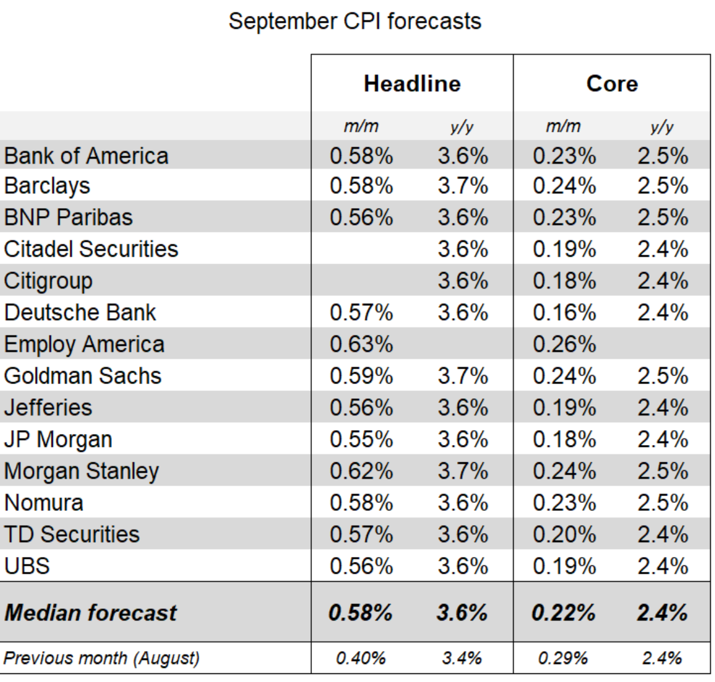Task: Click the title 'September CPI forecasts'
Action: pos(355,22)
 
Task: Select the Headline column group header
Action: pos(412,84)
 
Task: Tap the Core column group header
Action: pos(612,84)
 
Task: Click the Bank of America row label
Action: pos(86,156)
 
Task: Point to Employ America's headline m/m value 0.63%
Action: pos(361,345)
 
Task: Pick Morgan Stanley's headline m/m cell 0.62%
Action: pos(361,471)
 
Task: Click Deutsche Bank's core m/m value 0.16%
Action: pos(564,313)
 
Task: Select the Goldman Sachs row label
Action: pos(82,376)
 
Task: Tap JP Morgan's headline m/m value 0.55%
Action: pos(361,439)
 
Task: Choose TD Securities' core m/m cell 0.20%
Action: pos(564,535)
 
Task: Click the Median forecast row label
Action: pos(90,612)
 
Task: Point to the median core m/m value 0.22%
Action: pos(563,612)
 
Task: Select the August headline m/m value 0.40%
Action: pos(361,658)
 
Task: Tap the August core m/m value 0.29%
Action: pos(562,658)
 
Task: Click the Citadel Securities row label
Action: pos(91,249)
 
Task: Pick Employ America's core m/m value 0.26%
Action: pos(564,345)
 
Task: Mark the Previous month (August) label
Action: pos(102,659)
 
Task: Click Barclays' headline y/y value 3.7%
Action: pos(463,186)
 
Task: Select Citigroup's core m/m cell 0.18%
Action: pos(564,281)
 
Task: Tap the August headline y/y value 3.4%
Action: pos(461,658)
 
